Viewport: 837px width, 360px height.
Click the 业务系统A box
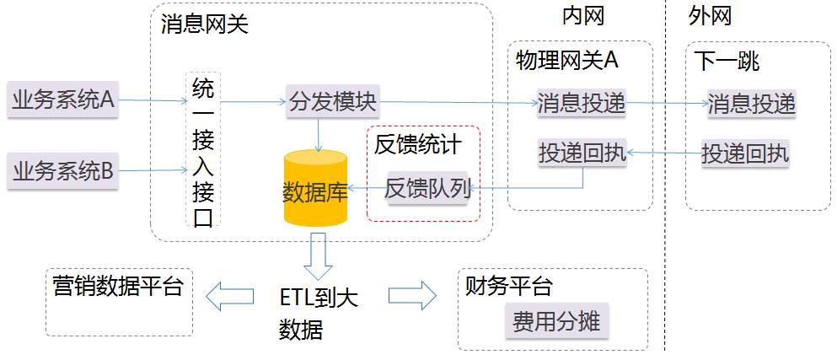(x=63, y=100)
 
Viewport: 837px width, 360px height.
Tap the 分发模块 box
(x=332, y=103)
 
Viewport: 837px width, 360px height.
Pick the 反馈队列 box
(x=427, y=188)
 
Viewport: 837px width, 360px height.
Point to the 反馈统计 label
(x=418, y=144)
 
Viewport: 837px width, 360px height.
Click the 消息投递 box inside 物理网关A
(x=582, y=103)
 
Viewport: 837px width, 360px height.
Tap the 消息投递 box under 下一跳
(x=751, y=103)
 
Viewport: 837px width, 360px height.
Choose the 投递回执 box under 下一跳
(x=745, y=153)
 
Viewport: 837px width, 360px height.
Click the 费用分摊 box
(x=556, y=321)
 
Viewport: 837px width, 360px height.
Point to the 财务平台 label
(x=508, y=287)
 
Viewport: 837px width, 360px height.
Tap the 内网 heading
(x=583, y=15)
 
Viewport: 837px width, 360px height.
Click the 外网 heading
(x=710, y=15)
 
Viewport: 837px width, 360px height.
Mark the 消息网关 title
(x=205, y=24)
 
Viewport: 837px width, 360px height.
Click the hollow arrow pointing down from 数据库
(x=319, y=255)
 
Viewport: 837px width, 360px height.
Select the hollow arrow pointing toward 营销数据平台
(x=229, y=295)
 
